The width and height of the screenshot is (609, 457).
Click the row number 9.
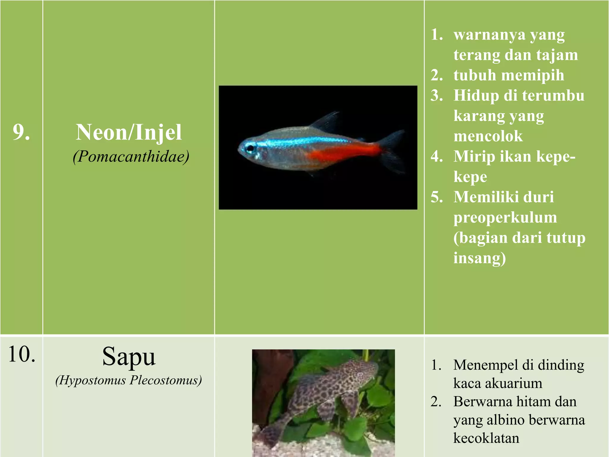tap(21, 132)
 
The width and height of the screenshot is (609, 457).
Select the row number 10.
tap(22, 355)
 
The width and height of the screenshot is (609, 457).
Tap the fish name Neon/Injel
tap(128, 132)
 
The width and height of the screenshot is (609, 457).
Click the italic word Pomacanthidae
tap(131, 156)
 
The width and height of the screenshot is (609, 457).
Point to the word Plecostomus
tap(166, 381)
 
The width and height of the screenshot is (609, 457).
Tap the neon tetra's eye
tap(250, 148)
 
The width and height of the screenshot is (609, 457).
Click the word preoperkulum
tap(505, 217)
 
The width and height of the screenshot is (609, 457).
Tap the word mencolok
tap(488, 136)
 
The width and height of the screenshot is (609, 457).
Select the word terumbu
tap(553, 96)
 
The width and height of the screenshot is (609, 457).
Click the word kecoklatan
tap(486, 438)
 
